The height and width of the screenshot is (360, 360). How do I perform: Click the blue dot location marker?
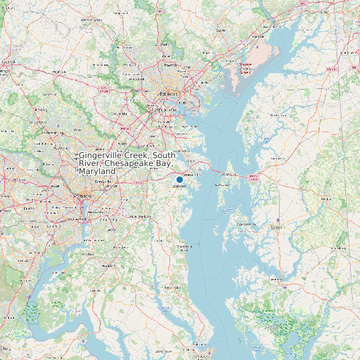coord(179,179)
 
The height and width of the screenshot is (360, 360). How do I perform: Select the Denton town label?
coord(325,199)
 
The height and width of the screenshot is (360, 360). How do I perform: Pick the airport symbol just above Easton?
coord(278,220)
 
